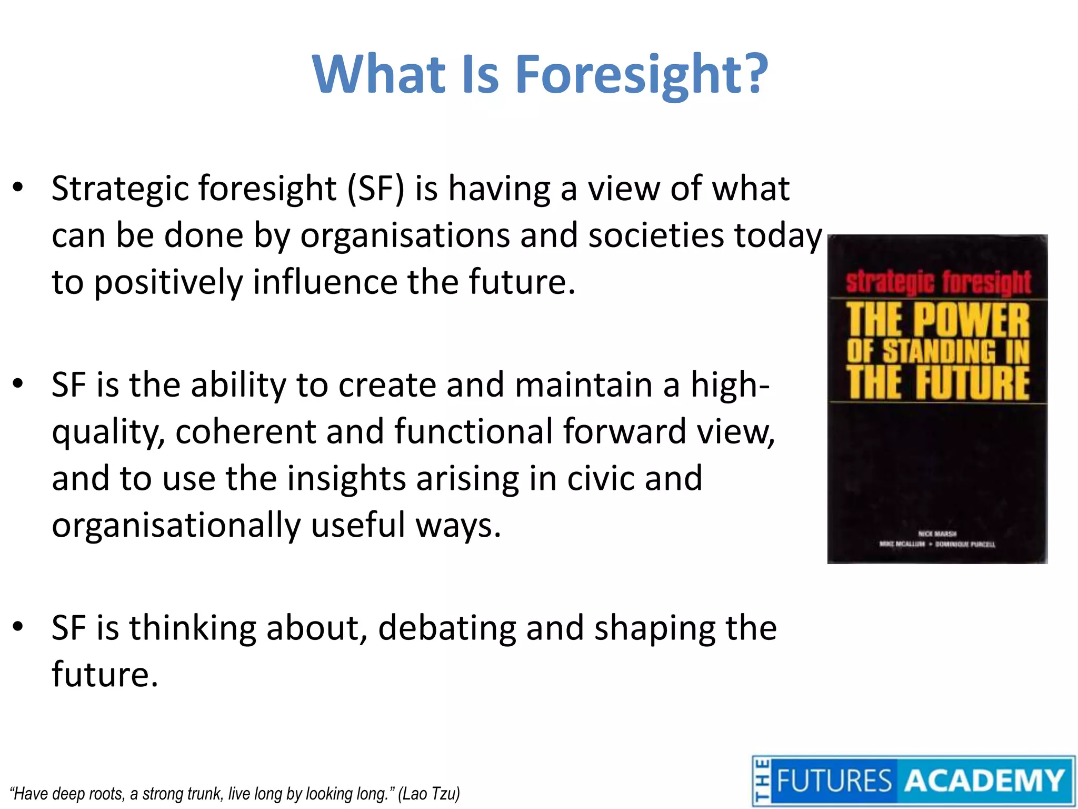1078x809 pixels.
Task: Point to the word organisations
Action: (x=405, y=235)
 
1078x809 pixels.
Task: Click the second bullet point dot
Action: (x=18, y=384)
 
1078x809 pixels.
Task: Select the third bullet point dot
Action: (x=18, y=627)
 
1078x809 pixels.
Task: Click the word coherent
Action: (x=245, y=431)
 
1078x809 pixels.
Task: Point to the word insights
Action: (x=346, y=478)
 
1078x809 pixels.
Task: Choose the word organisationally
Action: (x=176, y=525)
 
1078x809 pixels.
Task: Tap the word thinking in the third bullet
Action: (x=193, y=628)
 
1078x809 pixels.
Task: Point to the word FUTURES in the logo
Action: (x=834, y=781)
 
